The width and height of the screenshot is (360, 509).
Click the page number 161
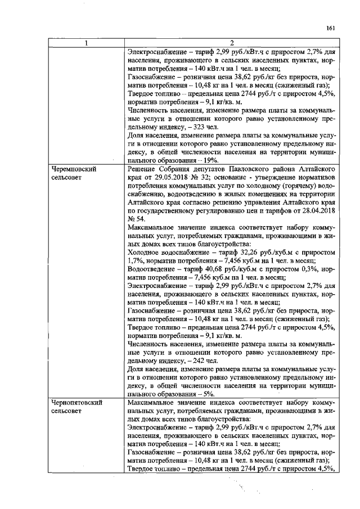coord(330,27)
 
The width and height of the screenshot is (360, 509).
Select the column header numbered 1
coord(86,43)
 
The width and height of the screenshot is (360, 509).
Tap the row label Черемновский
coord(72,169)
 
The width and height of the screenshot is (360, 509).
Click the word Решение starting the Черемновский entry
coord(143,169)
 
